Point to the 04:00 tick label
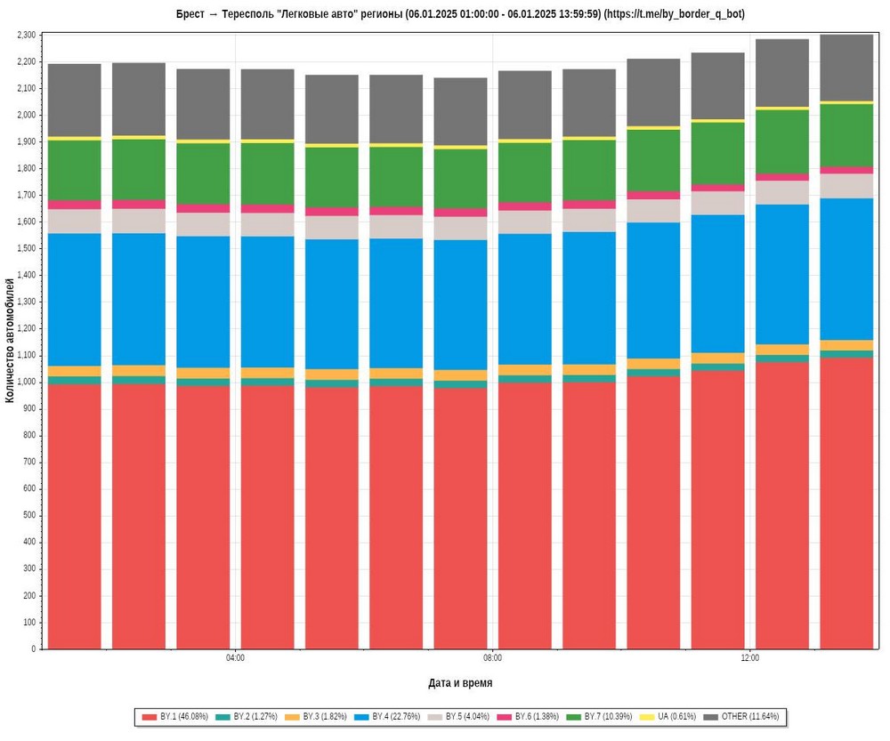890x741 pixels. click(x=235, y=658)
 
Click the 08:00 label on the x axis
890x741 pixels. click(x=492, y=658)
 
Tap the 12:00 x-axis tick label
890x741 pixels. click(x=749, y=658)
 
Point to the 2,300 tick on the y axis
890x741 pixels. click(x=26, y=35)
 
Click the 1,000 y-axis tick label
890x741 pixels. click(x=26, y=382)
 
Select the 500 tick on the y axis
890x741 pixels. click(x=29, y=515)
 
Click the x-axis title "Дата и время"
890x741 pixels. click(x=460, y=683)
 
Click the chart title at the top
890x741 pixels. click(x=460, y=14)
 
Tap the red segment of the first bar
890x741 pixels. click(x=74, y=516)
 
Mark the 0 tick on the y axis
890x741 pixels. click(x=33, y=648)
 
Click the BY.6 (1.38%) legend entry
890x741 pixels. click(x=537, y=716)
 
